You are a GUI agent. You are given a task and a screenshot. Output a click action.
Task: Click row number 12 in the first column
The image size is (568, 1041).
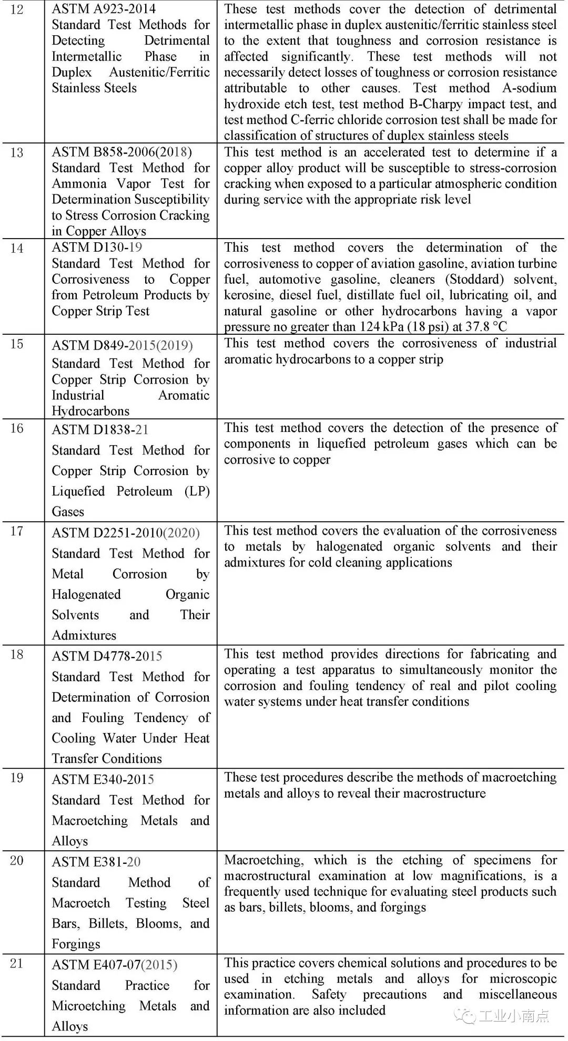(x=17, y=9)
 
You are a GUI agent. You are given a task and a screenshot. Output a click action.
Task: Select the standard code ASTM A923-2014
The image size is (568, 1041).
(x=104, y=9)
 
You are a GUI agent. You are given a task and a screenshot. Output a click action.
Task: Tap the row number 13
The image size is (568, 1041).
(x=17, y=153)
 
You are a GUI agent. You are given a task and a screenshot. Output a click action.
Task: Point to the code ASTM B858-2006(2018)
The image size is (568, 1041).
(x=121, y=152)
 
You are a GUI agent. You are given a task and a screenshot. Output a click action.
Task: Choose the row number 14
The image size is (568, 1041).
(x=17, y=249)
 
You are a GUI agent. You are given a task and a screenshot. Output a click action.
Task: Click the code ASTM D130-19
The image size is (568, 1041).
(x=97, y=248)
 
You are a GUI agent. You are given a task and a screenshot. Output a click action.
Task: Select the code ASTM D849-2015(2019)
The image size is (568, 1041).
(x=122, y=345)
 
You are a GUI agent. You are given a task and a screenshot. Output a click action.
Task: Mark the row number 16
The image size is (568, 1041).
(x=17, y=429)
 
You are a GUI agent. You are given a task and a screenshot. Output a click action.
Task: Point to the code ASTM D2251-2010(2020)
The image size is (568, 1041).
(x=126, y=533)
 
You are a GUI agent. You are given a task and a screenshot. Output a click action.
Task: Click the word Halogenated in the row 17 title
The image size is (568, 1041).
(x=86, y=594)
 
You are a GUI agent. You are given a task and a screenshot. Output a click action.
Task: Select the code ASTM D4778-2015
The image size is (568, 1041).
(x=107, y=656)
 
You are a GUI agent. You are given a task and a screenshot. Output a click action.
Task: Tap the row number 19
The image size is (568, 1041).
(x=17, y=778)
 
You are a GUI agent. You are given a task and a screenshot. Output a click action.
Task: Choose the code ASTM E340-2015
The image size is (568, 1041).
(x=103, y=780)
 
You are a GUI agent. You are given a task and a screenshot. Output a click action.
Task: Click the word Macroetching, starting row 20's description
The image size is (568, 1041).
(x=263, y=860)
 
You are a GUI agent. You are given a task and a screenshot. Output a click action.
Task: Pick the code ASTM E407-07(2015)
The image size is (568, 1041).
(x=114, y=965)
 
